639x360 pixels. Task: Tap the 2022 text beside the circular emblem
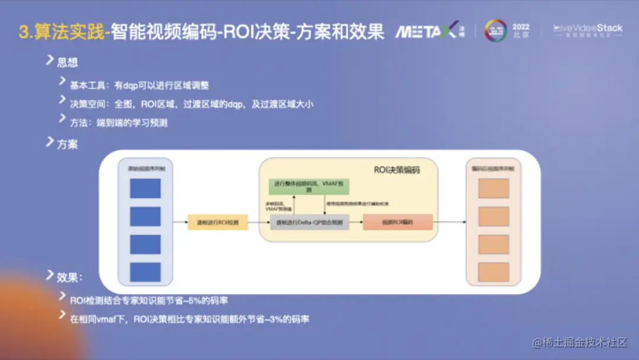point(521,27)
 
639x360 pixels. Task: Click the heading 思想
point(67,63)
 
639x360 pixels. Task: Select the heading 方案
point(67,144)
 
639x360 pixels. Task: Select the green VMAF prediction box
point(309,187)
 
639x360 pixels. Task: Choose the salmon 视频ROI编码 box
point(398,223)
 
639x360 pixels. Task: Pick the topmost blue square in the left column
point(145,188)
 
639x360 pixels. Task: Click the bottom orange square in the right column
point(493,272)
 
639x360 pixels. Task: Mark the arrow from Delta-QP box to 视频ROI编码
point(356,223)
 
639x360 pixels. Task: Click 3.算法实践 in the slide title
point(61,32)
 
